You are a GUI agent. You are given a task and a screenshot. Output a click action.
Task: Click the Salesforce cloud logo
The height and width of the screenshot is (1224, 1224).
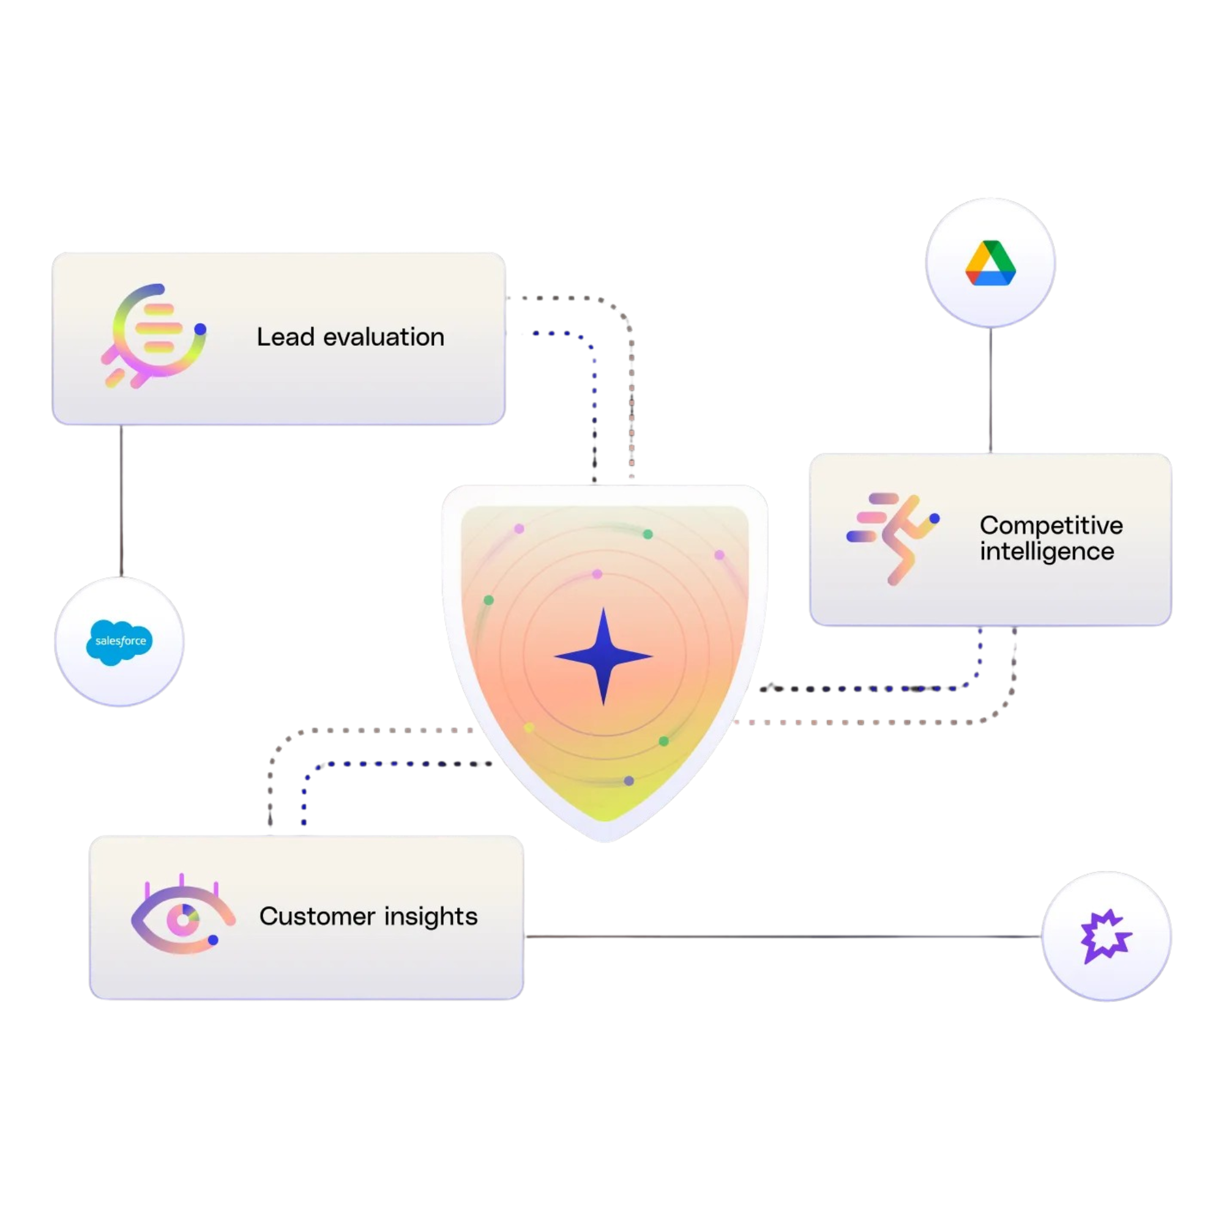pyautogui.click(x=120, y=642)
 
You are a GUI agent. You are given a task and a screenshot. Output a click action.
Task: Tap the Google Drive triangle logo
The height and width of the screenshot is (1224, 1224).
pyautogui.click(x=990, y=263)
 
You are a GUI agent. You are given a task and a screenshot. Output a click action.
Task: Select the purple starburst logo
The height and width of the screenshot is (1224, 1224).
pyautogui.click(x=1105, y=936)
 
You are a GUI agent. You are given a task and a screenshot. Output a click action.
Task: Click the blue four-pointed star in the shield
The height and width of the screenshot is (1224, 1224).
pyautogui.click(x=604, y=656)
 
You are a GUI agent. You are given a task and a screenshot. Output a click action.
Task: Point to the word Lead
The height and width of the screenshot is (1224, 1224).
pyautogui.click(x=285, y=337)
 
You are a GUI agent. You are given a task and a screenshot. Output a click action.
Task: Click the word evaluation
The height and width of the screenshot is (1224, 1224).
pyautogui.click(x=384, y=337)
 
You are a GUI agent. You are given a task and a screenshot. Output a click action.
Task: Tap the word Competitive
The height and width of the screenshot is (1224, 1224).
pyautogui.click(x=1051, y=525)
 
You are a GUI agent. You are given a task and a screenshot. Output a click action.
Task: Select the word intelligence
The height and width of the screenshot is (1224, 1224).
pyautogui.click(x=1047, y=551)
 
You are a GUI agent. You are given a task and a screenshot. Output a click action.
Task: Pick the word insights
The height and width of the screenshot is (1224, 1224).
pyautogui.click(x=431, y=917)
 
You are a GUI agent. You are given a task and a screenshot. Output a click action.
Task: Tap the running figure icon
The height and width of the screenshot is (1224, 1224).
pyautogui.click(x=894, y=538)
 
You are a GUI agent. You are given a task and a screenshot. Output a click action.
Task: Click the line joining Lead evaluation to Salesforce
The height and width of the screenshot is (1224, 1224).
pyautogui.click(x=121, y=501)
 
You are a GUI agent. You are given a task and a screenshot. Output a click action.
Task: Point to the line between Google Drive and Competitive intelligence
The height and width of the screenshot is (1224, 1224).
pyautogui.click(x=990, y=390)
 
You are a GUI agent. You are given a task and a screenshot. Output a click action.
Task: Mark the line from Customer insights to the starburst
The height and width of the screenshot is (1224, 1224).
pyautogui.click(x=783, y=936)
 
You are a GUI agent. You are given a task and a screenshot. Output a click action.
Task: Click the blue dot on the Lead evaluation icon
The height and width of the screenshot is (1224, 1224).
pyautogui.click(x=200, y=329)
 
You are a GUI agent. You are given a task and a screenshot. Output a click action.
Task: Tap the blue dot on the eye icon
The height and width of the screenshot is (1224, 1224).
pyautogui.click(x=214, y=940)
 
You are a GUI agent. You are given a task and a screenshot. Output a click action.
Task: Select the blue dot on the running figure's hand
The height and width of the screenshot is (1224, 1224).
pyautogui.click(x=935, y=518)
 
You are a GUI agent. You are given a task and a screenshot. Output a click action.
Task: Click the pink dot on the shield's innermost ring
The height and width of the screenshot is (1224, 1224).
pyautogui.click(x=597, y=574)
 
